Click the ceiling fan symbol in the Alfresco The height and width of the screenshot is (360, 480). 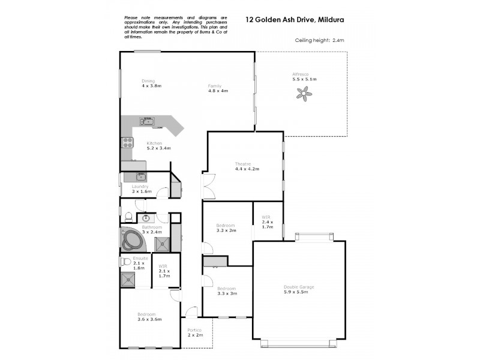pos(305,92)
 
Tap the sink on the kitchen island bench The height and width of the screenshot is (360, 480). pos(147,122)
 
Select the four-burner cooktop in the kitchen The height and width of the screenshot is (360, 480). pos(128,143)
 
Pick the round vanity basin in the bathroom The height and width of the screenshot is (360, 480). pos(145,218)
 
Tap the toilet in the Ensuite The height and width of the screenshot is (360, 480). pos(126,262)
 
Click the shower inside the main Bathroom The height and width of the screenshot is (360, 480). pos(161,243)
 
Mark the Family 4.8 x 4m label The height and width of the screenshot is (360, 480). pos(218,88)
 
